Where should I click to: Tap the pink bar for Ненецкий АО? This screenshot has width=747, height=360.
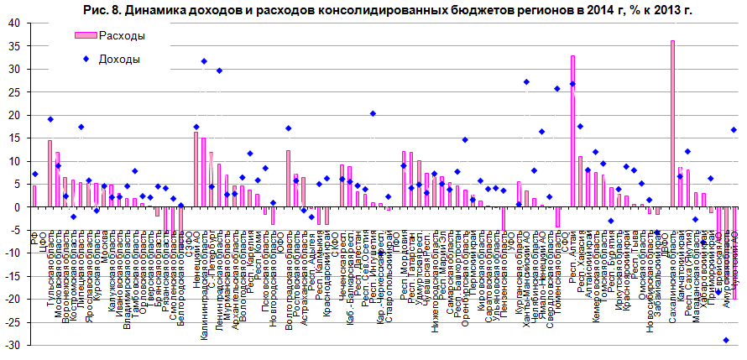196,169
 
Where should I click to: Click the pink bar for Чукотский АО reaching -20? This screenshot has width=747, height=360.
734,253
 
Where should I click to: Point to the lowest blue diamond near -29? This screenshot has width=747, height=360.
726,340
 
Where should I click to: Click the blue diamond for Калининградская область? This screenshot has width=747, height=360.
204,61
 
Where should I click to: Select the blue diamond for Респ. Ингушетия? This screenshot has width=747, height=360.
373,113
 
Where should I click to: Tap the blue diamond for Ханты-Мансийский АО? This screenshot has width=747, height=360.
526,82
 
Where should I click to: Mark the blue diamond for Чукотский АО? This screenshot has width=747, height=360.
734,129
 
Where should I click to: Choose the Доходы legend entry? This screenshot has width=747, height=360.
118,59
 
